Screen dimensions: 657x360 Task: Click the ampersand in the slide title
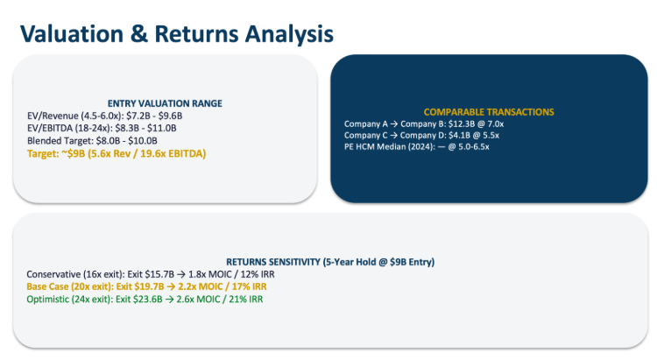click(139, 34)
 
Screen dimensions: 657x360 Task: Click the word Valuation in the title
click(72, 34)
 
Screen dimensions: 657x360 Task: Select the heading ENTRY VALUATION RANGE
click(165, 103)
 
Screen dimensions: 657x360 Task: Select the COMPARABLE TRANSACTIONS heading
click(489, 112)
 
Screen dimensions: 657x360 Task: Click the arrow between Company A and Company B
click(394, 124)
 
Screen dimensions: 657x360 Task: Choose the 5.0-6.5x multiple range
click(473, 146)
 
